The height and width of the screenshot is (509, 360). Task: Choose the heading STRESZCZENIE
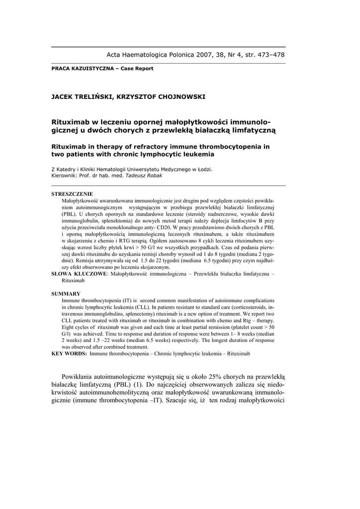pyautogui.click(x=72, y=194)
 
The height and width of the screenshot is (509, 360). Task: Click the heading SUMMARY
pyautogui.click(x=66, y=294)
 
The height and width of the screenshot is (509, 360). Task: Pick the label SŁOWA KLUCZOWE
pyautogui.click(x=79, y=274)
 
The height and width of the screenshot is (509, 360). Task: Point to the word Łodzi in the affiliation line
pyautogui.click(x=203, y=169)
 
